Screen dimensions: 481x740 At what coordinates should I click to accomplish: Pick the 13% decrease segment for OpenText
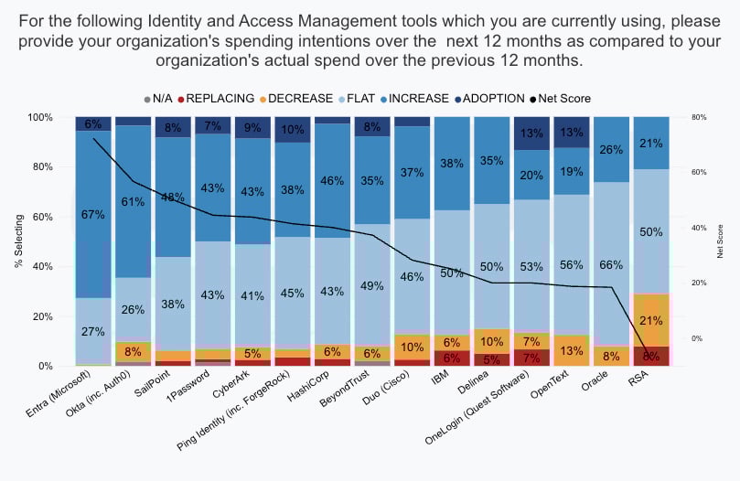pos(574,351)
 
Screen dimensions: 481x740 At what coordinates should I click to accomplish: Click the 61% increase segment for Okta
pos(134,201)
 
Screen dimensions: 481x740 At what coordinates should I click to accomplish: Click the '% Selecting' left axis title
pos(19,241)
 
